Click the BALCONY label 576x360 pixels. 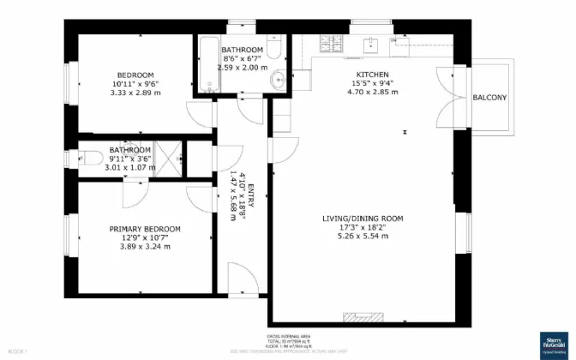pyautogui.click(x=489, y=98)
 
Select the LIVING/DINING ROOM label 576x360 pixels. pyautogui.click(x=363, y=219)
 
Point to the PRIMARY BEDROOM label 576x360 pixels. pyautogui.click(x=145, y=229)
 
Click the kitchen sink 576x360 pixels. pyautogui.click(x=370, y=42)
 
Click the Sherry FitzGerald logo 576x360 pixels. pyautogui.click(x=555, y=343)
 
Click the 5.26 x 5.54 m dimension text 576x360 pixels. pyautogui.click(x=363, y=236)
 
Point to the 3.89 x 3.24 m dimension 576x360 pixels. pyautogui.click(x=145, y=246)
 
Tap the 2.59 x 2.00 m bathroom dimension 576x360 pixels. pyautogui.click(x=243, y=67)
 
